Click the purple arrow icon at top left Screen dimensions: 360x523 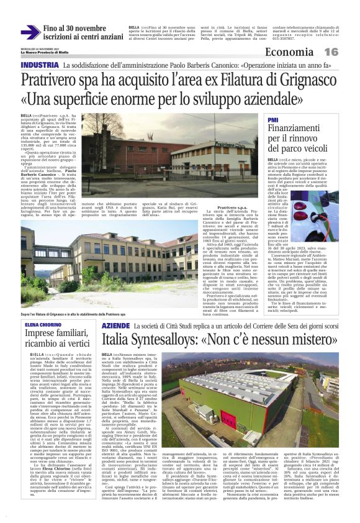click(30, 32)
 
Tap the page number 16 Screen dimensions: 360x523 click(348, 52)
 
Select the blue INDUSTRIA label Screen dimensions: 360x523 click(40, 65)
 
